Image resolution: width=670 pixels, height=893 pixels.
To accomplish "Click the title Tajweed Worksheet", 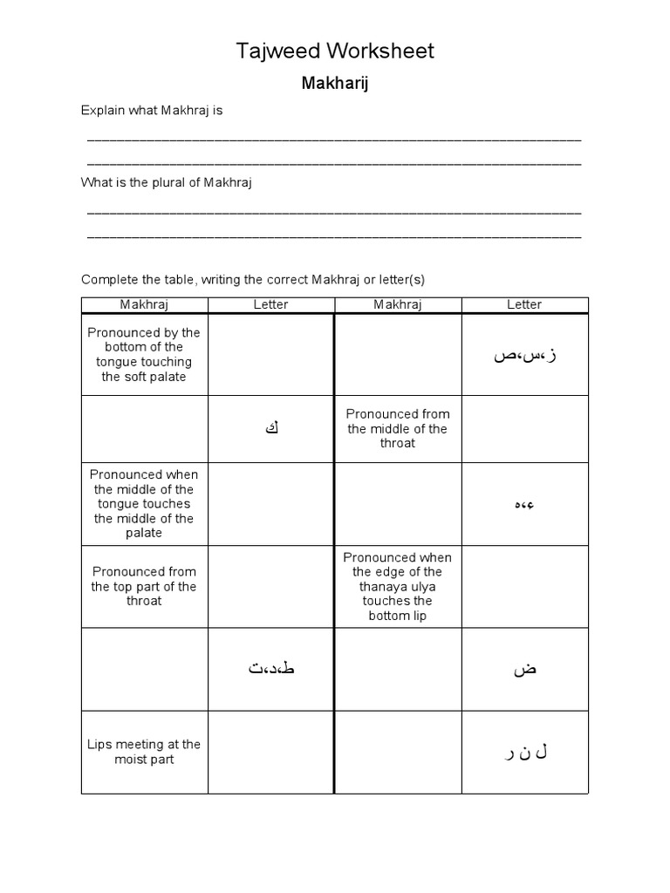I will tap(335, 51).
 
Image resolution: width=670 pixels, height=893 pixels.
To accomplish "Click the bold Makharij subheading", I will tap(335, 84).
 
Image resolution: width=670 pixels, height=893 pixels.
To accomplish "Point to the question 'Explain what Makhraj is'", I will tap(152, 111).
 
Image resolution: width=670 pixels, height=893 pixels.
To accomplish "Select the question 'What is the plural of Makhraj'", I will tap(166, 183).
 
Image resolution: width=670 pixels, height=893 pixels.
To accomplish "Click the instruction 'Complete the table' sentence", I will tap(252, 280).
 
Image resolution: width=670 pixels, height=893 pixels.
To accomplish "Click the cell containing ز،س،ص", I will tap(524, 355).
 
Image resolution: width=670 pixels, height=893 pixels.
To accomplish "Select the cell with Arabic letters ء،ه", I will tap(524, 504).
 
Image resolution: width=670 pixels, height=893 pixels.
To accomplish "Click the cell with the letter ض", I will tap(524, 669).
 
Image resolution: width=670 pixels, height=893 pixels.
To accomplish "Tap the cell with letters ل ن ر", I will tap(524, 752).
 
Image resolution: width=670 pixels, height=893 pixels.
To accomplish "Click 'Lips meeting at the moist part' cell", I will tap(144, 752).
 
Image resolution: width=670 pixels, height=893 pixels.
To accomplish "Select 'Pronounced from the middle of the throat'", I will tap(397, 428).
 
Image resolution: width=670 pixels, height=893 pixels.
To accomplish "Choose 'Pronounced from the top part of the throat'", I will tap(144, 586).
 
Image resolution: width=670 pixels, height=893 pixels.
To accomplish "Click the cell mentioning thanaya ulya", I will tap(397, 586).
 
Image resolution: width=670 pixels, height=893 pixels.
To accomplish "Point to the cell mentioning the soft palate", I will tap(144, 355).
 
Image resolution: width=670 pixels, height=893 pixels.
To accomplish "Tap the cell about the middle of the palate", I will tap(144, 504).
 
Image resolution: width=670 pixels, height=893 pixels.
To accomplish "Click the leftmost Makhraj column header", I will tap(144, 304).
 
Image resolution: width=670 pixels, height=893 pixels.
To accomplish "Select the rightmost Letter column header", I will tap(524, 304).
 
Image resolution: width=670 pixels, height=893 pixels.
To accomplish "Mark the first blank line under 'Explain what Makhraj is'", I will tap(334, 140).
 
